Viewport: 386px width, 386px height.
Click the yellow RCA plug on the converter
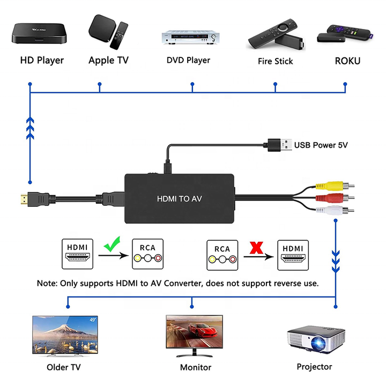tap(335, 186)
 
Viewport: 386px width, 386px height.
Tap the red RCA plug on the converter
tap(335, 198)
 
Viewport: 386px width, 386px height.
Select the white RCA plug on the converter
tap(335, 210)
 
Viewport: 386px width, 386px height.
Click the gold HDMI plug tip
tap(24, 199)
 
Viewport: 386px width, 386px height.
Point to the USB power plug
tap(280, 145)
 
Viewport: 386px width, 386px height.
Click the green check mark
tap(112, 244)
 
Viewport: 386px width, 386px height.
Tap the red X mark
tap(256, 248)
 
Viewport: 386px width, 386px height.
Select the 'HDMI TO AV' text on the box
tap(179, 199)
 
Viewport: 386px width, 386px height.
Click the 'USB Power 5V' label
tap(321, 145)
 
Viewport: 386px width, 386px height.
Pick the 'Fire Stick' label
tap(275, 61)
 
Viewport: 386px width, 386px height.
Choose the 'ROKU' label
tap(347, 61)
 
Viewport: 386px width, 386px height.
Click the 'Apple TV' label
tap(108, 60)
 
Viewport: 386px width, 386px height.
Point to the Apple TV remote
tap(119, 35)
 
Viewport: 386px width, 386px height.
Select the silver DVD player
tap(190, 37)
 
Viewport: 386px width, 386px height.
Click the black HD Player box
tap(39, 33)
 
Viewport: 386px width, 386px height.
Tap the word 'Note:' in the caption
tap(47, 283)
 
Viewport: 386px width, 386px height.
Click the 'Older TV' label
tap(63, 367)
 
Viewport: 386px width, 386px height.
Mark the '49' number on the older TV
tap(93, 320)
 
